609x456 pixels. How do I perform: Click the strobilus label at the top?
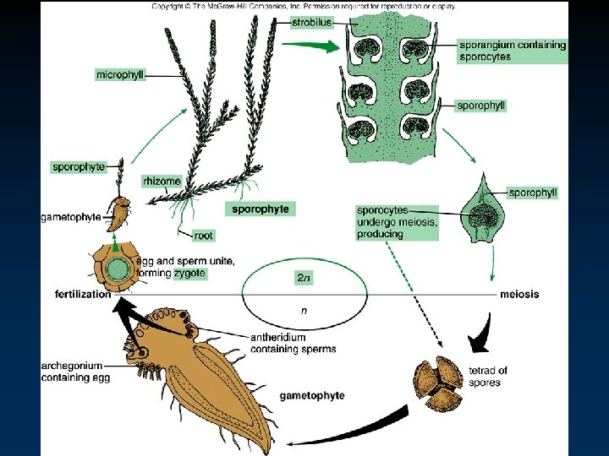point(311,23)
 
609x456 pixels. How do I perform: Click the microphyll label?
point(120,75)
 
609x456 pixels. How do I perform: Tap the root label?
point(203,235)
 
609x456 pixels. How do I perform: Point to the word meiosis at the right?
point(519,294)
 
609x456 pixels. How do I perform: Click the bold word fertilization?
point(81,294)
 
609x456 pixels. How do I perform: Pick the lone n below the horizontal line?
point(304,311)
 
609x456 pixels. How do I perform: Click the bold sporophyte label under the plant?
point(261,209)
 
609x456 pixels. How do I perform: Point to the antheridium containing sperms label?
point(293,343)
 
